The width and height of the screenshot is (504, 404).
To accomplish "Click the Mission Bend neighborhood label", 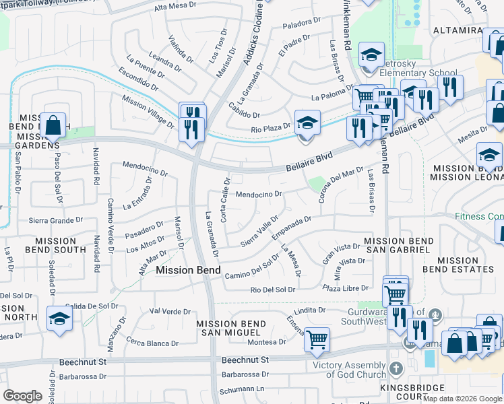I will click(x=188, y=270).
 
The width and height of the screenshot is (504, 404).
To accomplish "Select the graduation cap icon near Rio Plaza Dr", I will click(x=307, y=123).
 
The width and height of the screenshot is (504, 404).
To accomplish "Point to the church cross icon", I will click(x=397, y=368).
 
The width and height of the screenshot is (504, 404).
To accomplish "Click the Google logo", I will click(x=22, y=396).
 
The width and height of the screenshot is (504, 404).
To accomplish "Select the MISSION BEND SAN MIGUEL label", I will click(x=228, y=328).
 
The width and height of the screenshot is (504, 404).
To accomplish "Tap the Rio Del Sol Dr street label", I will click(x=273, y=290).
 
